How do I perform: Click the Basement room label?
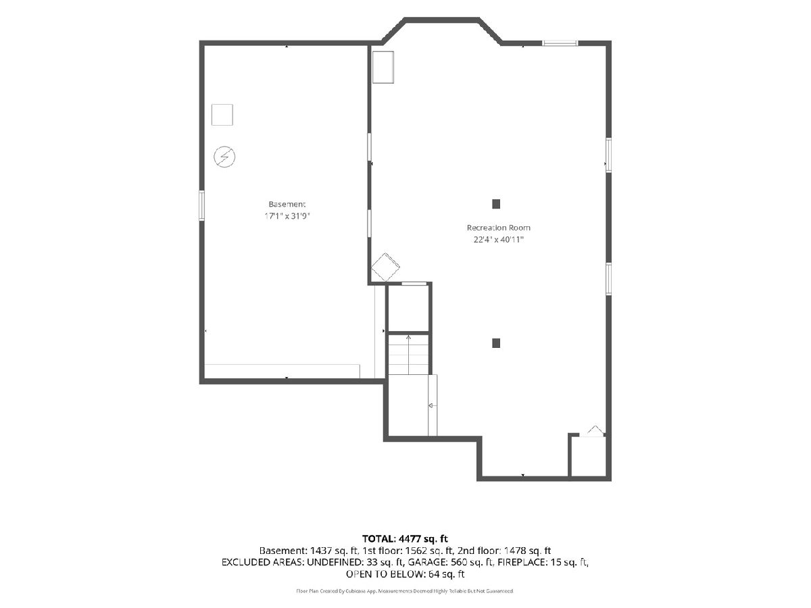(x=287, y=204)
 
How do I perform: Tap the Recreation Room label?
(x=498, y=228)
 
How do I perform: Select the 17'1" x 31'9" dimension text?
(x=287, y=216)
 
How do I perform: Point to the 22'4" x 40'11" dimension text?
(x=498, y=240)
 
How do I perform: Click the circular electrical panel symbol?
(x=224, y=157)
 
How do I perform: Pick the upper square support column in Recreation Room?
(x=496, y=204)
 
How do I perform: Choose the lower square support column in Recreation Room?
(x=496, y=343)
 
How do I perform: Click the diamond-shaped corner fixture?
(x=385, y=268)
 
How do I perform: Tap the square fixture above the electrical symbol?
(x=222, y=115)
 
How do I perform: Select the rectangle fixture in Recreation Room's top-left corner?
(x=383, y=67)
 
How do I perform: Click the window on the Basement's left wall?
(x=201, y=205)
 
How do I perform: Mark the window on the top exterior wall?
(x=560, y=43)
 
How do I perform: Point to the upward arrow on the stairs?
(x=408, y=355)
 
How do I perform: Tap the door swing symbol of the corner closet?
(x=593, y=432)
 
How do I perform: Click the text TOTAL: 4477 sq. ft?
(x=405, y=538)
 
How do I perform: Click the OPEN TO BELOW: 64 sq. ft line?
(x=405, y=574)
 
